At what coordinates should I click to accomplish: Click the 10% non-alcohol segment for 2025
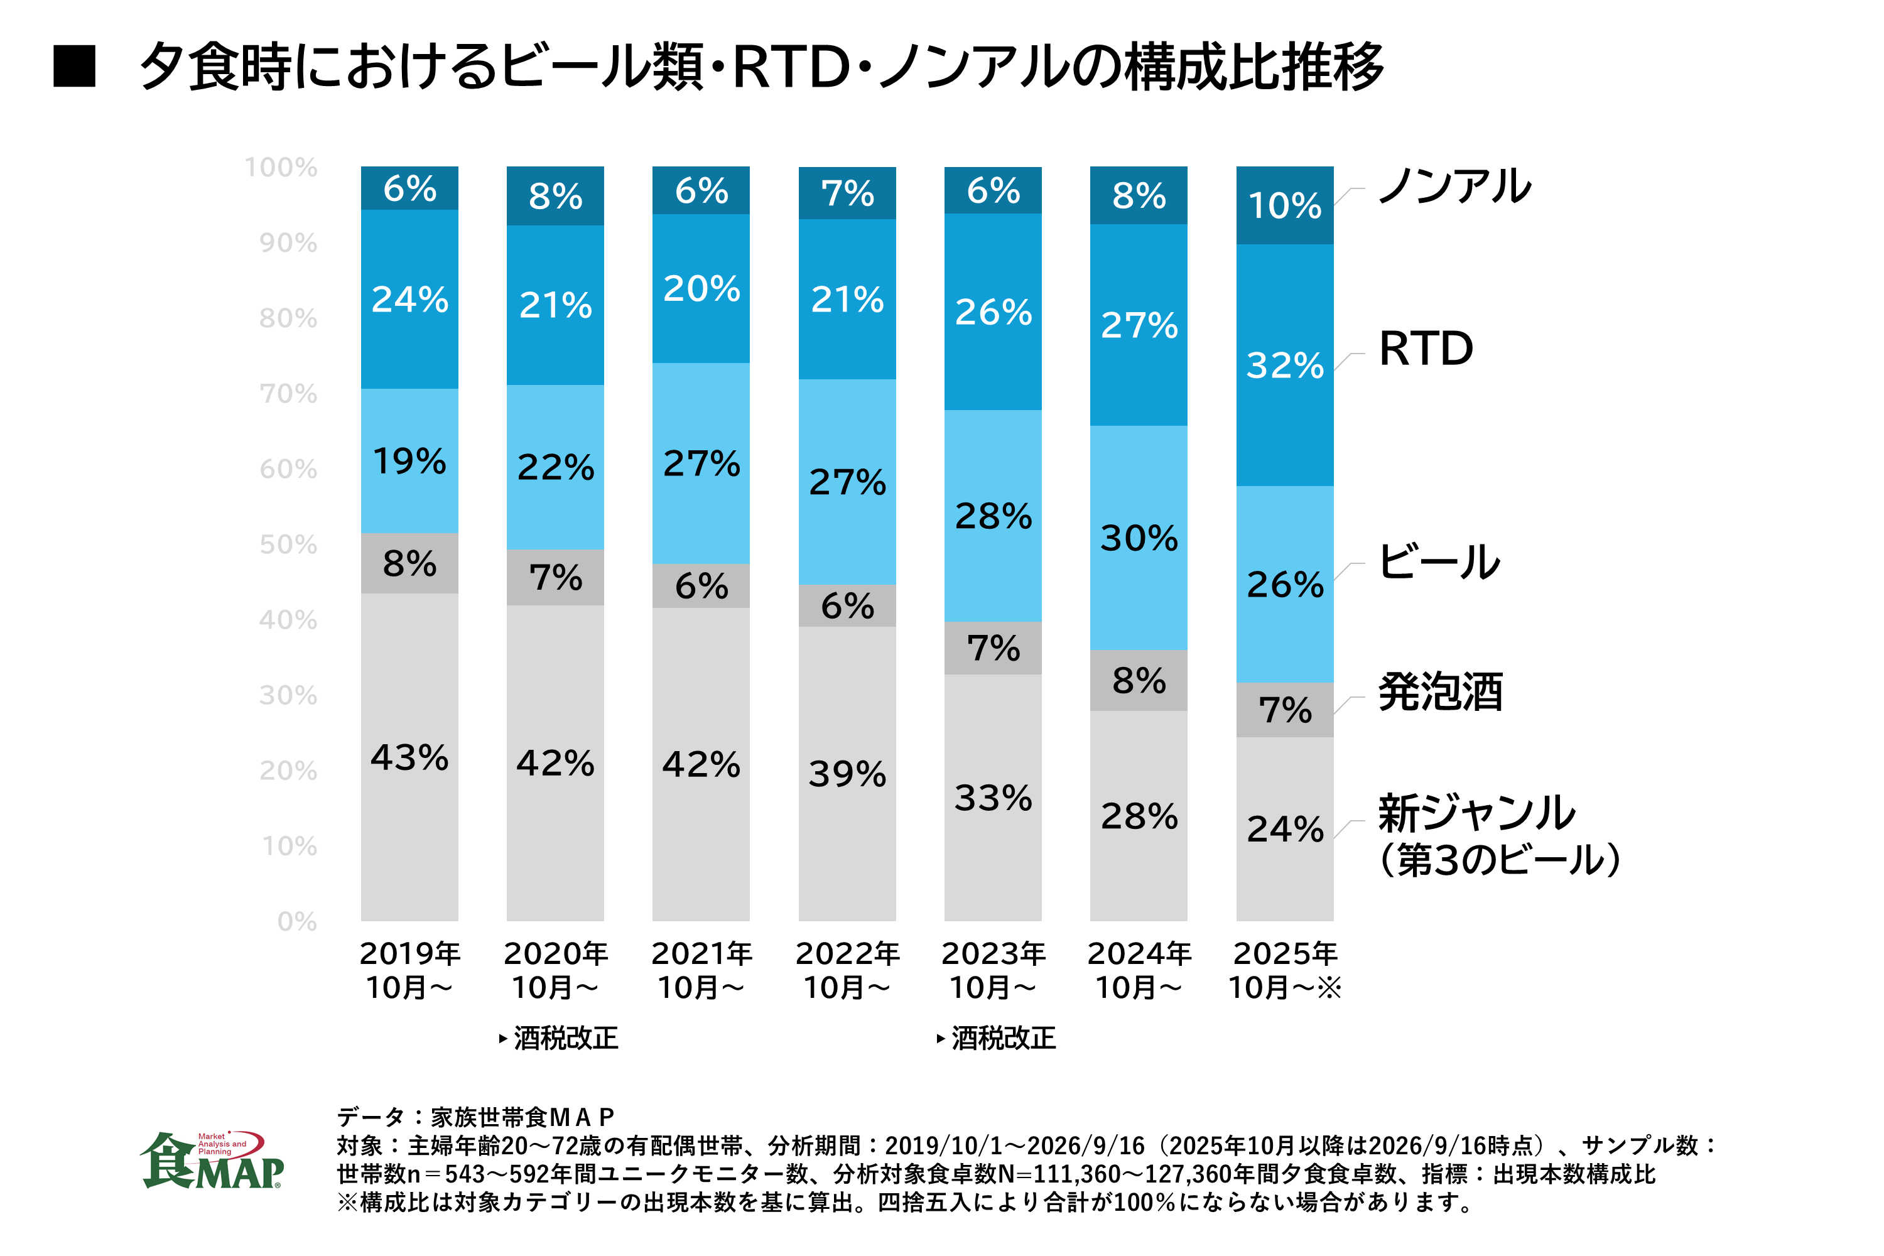tap(1284, 205)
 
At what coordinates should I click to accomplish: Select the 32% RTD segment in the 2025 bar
tap(1284, 365)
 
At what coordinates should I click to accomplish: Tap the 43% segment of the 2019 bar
tap(409, 757)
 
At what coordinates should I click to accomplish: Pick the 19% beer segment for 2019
tap(409, 460)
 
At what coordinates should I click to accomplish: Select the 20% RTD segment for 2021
tap(701, 288)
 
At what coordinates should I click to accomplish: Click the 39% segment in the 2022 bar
tap(847, 774)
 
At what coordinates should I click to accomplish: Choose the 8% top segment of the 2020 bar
tap(555, 195)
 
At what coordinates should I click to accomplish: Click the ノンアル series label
tap(1454, 186)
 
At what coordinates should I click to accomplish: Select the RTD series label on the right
tap(1426, 349)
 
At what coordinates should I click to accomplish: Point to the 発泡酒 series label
tap(1440, 691)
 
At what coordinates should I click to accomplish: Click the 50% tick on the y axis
tap(288, 544)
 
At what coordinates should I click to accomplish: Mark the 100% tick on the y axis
tap(281, 168)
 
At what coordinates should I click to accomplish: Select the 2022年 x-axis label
tap(847, 953)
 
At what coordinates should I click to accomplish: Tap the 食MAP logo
tap(212, 1160)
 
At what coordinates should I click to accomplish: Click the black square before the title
tap(75, 66)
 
